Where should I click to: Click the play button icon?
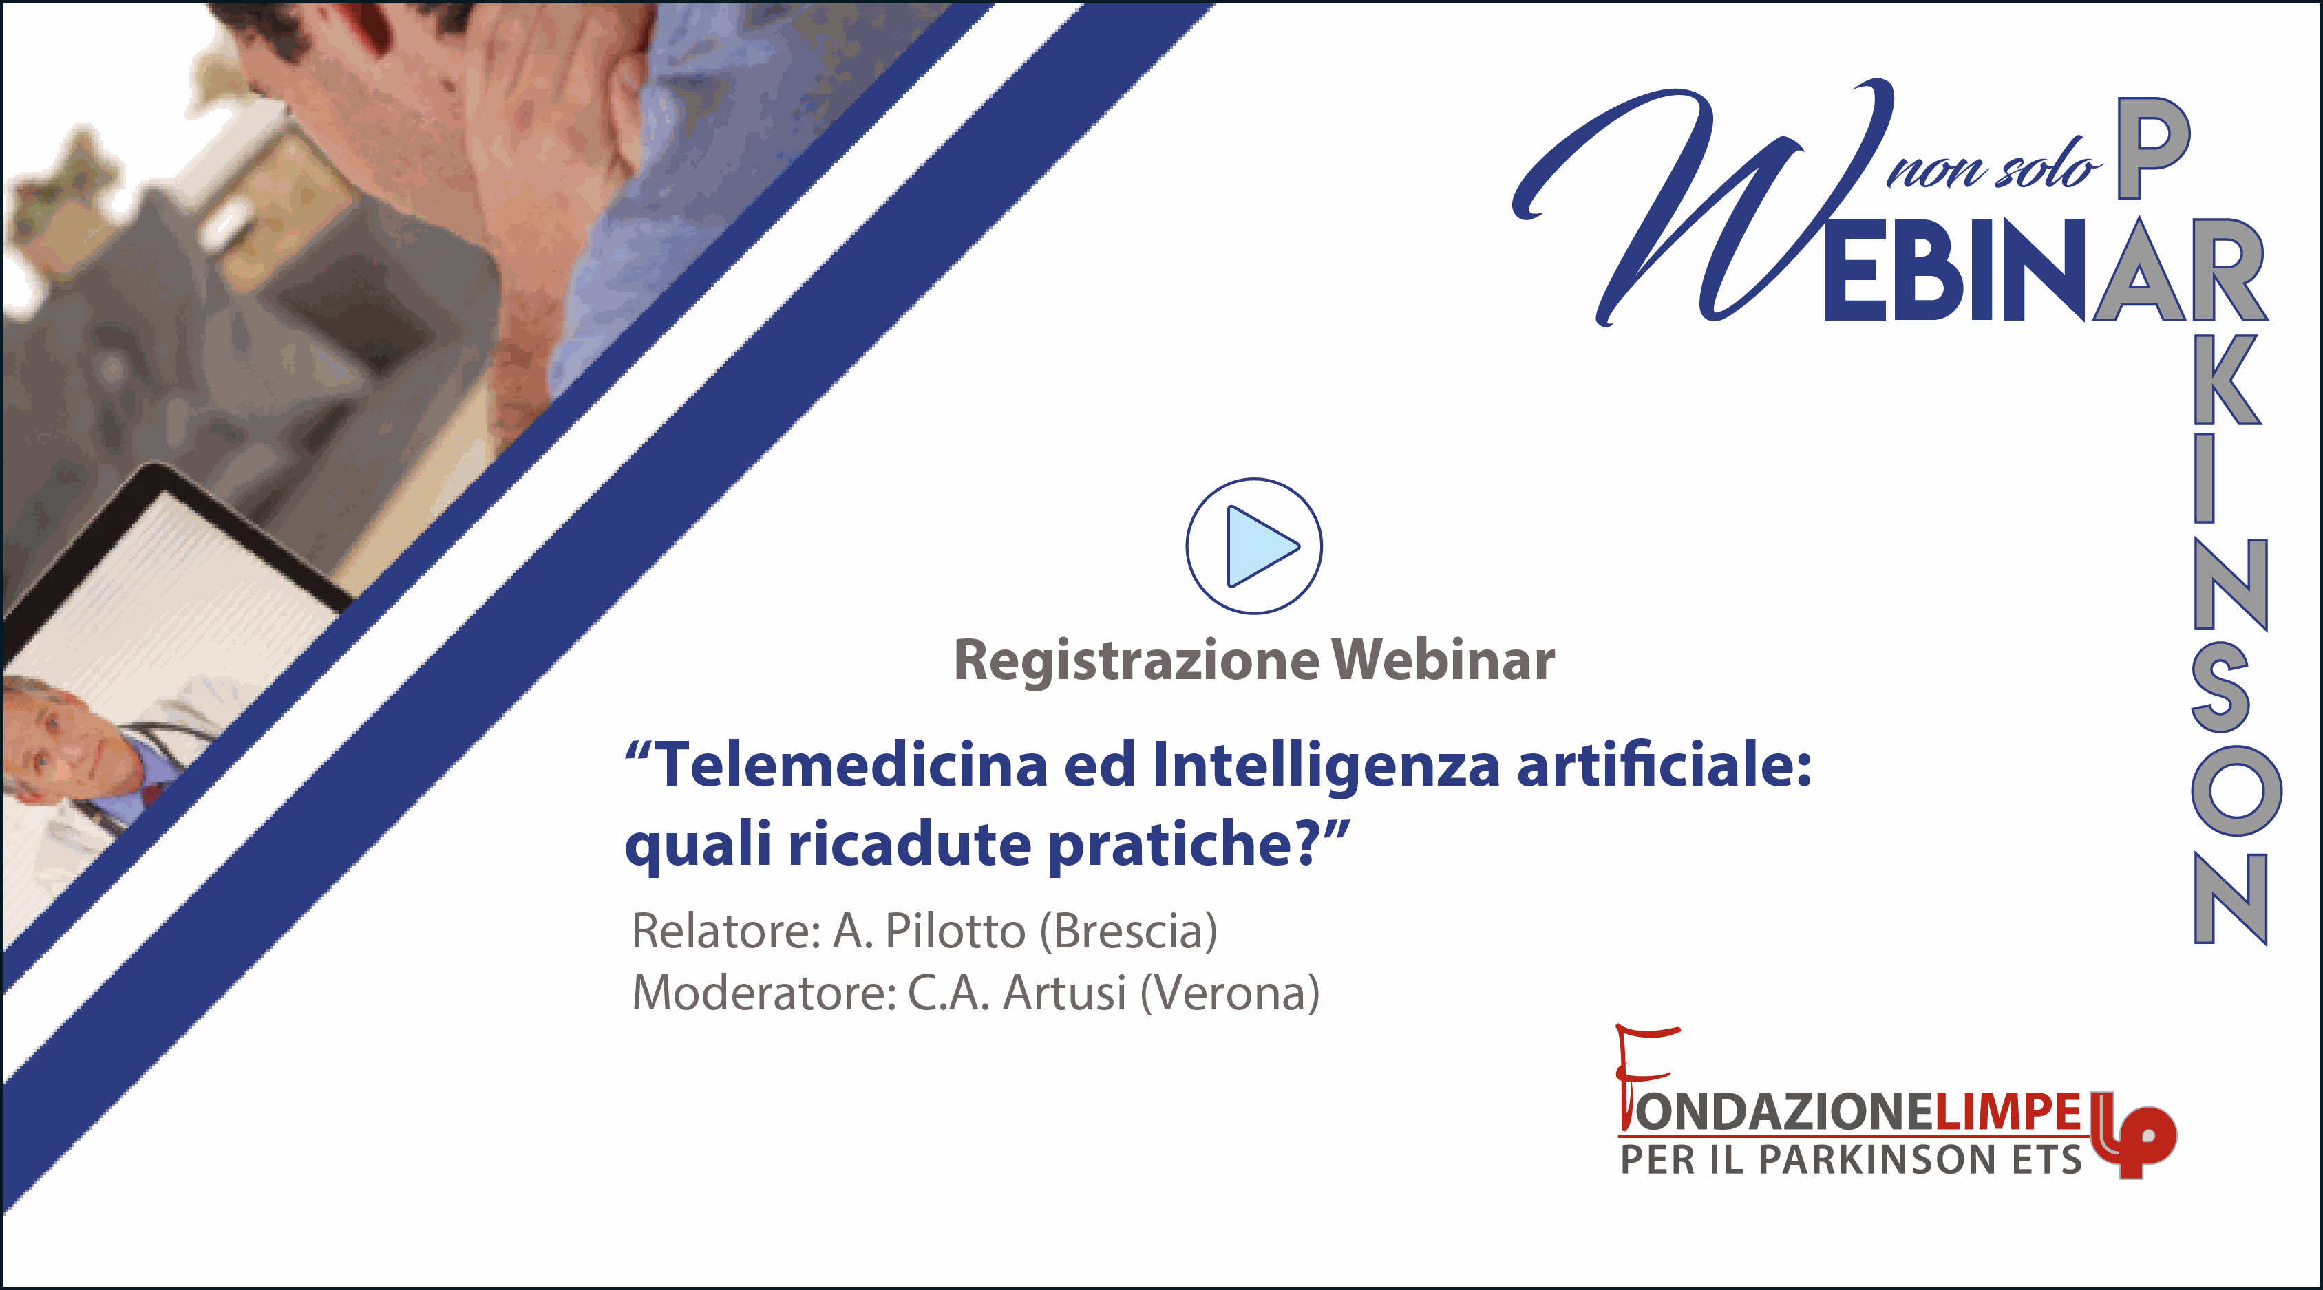click(x=1253, y=546)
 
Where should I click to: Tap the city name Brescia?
click(x=1128, y=932)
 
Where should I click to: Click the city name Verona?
click(x=1230, y=994)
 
